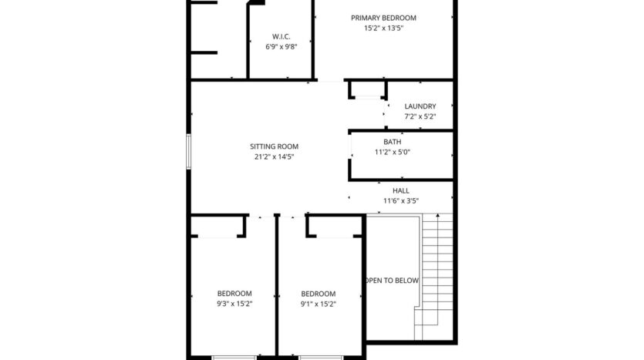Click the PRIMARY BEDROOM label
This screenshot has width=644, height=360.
pos(383,18)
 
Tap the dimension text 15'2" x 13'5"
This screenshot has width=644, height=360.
pos(383,28)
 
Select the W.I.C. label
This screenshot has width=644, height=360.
pos(281,36)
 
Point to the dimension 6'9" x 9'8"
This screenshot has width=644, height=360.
pos(281,46)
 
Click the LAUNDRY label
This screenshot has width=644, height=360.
pos(420,106)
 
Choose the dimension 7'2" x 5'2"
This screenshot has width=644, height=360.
pos(420,116)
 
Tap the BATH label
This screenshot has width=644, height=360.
pos(392,142)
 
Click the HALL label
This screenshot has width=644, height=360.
pos(401,190)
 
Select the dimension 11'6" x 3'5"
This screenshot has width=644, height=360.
pos(401,200)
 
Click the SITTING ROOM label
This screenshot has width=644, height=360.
pos(274,146)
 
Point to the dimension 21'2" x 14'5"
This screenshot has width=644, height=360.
pos(274,156)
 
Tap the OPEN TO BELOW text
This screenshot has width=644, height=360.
pos(393,281)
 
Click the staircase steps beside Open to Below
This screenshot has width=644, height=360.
pos(437,278)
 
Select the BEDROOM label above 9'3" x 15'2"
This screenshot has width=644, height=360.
pos(234,294)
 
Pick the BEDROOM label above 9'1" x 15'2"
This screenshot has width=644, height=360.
pos(318,294)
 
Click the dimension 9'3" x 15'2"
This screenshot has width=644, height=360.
pos(234,304)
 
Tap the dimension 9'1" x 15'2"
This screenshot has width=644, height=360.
pos(318,304)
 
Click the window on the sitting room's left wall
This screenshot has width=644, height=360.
pos(188,151)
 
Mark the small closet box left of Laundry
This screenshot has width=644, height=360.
pos(368,90)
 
